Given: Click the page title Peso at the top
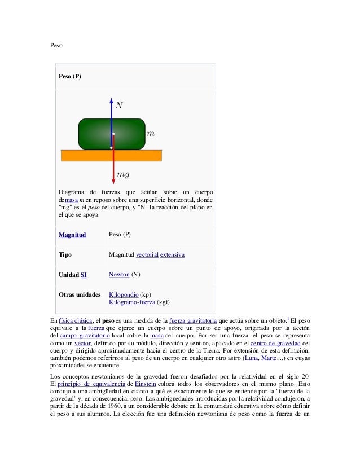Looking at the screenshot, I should (x=55, y=43).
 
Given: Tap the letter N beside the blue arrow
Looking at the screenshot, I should (x=119, y=105).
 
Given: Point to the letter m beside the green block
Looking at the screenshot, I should (x=150, y=134).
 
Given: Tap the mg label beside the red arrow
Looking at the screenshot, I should (x=124, y=175).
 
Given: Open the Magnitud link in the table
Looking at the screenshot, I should (x=72, y=235).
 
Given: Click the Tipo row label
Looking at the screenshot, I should (x=65, y=255).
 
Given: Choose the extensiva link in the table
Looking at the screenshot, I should (x=172, y=255).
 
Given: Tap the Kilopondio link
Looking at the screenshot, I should (x=124, y=294).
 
